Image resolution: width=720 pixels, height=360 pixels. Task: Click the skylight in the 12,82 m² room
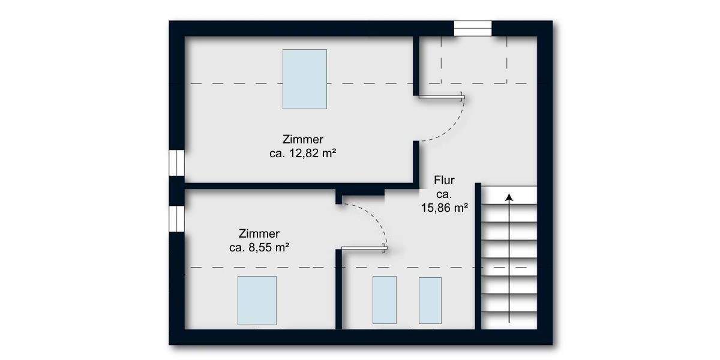click(305, 79)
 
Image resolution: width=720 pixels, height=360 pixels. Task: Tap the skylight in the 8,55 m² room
click(257, 300)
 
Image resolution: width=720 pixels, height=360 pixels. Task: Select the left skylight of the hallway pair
click(384, 300)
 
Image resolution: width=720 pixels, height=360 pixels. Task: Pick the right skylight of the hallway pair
click(430, 300)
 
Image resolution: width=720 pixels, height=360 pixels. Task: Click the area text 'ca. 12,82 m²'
click(302, 154)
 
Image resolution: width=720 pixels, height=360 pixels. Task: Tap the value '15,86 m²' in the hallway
click(444, 208)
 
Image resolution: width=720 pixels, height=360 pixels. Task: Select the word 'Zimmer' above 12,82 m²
click(302, 140)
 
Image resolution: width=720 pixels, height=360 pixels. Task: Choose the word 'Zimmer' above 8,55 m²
click(259, 233)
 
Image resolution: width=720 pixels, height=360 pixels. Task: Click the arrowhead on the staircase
click(509, 197)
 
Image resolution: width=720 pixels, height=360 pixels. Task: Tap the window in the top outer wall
click(472, 28)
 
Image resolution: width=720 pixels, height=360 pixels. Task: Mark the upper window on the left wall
click(176, 163)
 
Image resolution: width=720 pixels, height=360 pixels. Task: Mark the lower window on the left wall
click(176, 218)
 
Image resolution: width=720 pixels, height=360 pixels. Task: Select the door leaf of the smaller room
click(364, 247)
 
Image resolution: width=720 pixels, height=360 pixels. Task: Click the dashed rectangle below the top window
click(475, 60)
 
